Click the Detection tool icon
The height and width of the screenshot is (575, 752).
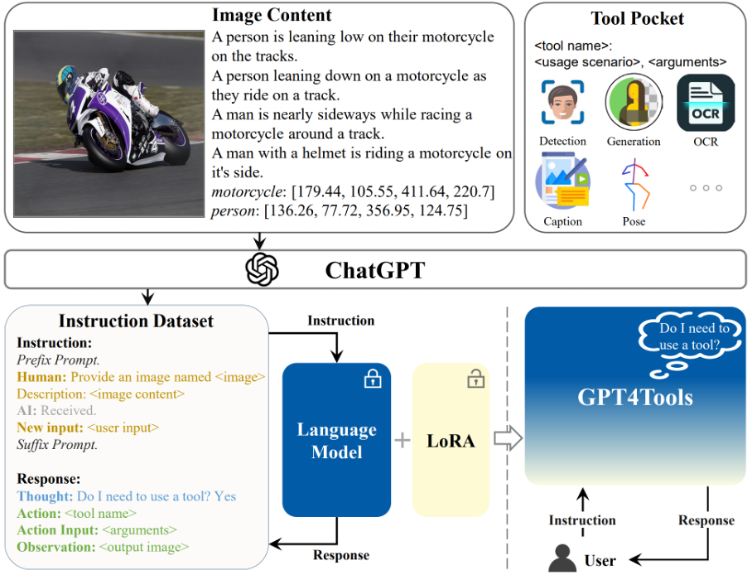click(x=563, y=104)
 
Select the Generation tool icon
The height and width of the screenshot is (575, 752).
click(x=634, y=102)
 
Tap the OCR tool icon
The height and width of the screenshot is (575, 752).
click(x=706, y=103)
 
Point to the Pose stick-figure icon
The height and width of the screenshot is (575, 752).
click(x=634, y=184)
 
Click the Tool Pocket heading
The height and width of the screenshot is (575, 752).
click(x=638, y=18)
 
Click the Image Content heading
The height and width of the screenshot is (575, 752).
click(x=272, y=15)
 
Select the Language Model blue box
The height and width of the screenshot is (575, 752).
click(x=336, y=440)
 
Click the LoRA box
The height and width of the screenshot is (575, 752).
click(x=451, y=440)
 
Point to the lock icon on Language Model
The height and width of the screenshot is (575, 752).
click(x=373, y=379)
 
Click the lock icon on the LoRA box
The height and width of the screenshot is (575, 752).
click(x=475, y=379)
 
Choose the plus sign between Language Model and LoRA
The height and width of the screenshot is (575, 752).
click(x=402, y=440)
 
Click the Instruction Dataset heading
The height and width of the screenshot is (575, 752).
click(x=136, y=321)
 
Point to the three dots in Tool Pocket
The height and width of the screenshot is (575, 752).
click(x=706, y=188)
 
